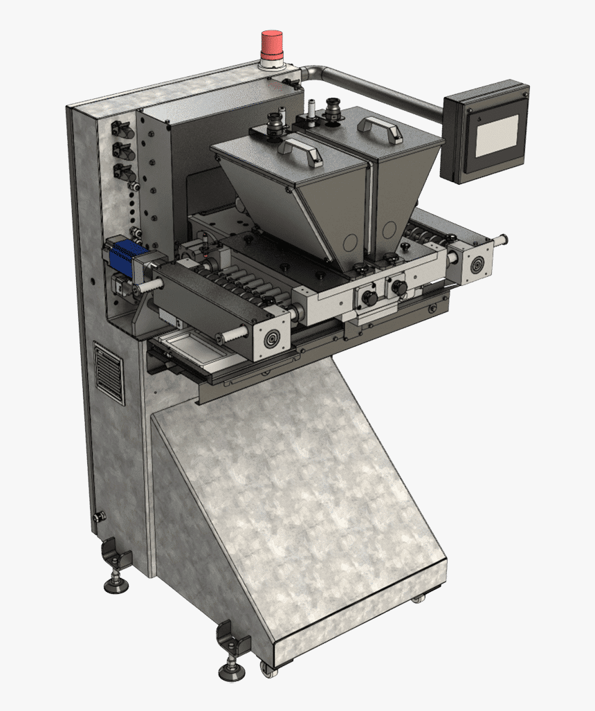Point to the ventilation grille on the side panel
click(x=109, y=372)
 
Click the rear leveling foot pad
click(x=116, y=586)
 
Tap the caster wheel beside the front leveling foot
click(x=266, y=669)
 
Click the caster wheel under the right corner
click(x=416, y=597)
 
